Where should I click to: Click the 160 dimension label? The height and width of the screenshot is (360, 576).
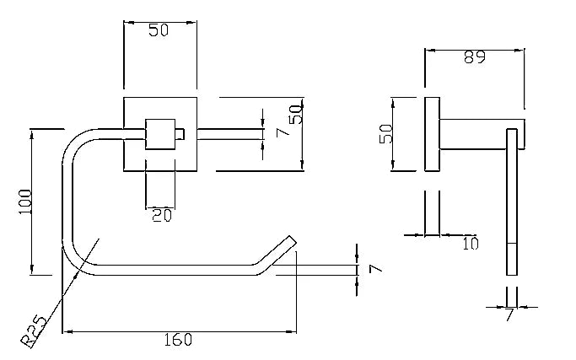tap(178, 340)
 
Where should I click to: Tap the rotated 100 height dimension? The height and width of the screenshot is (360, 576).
tap(25, 201)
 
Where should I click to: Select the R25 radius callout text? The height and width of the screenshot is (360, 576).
tap(34, 331)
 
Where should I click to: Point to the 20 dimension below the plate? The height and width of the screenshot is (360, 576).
tap(162, 215)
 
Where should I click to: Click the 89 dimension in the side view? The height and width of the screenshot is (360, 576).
tap(475, 57)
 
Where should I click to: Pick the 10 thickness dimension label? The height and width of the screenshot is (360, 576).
tap(471, 244)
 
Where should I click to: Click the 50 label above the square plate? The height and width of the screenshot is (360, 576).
tap(159, 30)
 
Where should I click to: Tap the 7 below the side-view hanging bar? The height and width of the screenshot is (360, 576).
tap(509, 314)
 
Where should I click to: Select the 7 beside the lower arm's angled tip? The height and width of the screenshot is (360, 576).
tap(375, 269)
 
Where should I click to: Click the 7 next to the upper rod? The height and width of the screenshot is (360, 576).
tap(283, 132)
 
